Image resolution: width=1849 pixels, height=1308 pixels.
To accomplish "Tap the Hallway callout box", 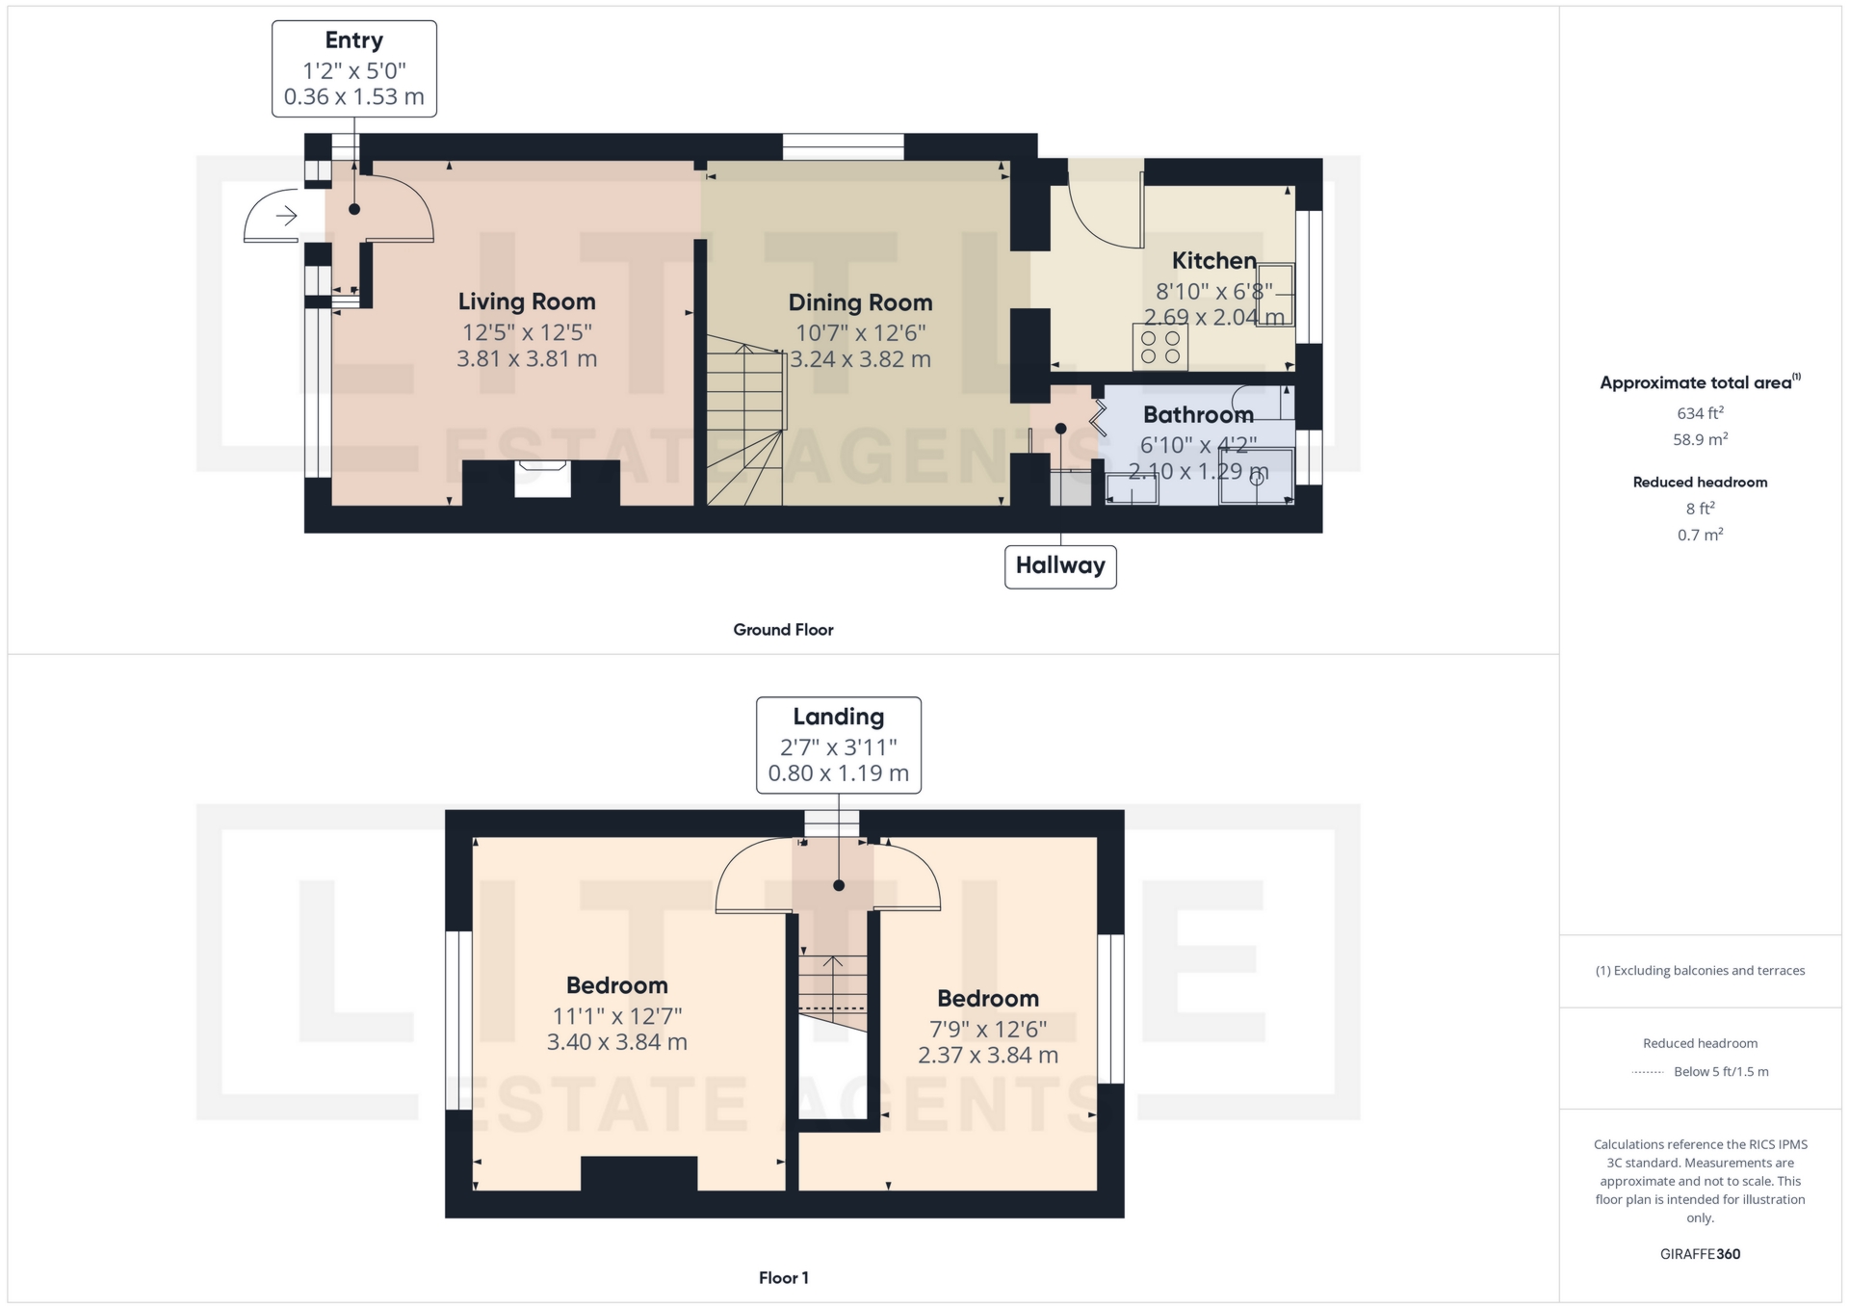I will (1060, 565).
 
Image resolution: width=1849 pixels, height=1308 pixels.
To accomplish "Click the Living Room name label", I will (527, 302).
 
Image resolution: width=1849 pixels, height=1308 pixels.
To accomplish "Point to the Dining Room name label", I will (860, 303).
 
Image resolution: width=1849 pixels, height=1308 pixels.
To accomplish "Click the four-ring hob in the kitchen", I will (1159, 348).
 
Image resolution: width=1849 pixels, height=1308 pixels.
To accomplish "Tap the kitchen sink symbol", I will (1275, 294).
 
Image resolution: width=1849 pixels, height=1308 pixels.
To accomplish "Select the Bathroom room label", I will (1198, 415).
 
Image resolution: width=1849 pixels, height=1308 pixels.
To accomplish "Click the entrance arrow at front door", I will (286, 216).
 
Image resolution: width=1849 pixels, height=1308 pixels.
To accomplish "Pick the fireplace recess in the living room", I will (542, 479).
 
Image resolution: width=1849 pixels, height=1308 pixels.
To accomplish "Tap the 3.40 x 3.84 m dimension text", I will (616, 1042).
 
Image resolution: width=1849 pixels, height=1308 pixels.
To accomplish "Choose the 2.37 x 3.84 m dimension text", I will (987, 1056).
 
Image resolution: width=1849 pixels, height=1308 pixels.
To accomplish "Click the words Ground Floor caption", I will (783, 630).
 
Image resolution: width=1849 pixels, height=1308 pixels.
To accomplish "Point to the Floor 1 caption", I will (783, 1278).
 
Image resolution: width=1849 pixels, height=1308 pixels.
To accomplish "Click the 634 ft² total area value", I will (1700, 413).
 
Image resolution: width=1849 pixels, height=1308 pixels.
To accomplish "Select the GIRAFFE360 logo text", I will (1700, 1254).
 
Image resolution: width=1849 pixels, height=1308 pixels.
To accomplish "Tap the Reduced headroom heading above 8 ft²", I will (1700, 483).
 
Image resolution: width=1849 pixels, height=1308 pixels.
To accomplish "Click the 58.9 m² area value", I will (1700, 440).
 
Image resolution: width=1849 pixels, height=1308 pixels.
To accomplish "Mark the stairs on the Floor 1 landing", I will (832, 987).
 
